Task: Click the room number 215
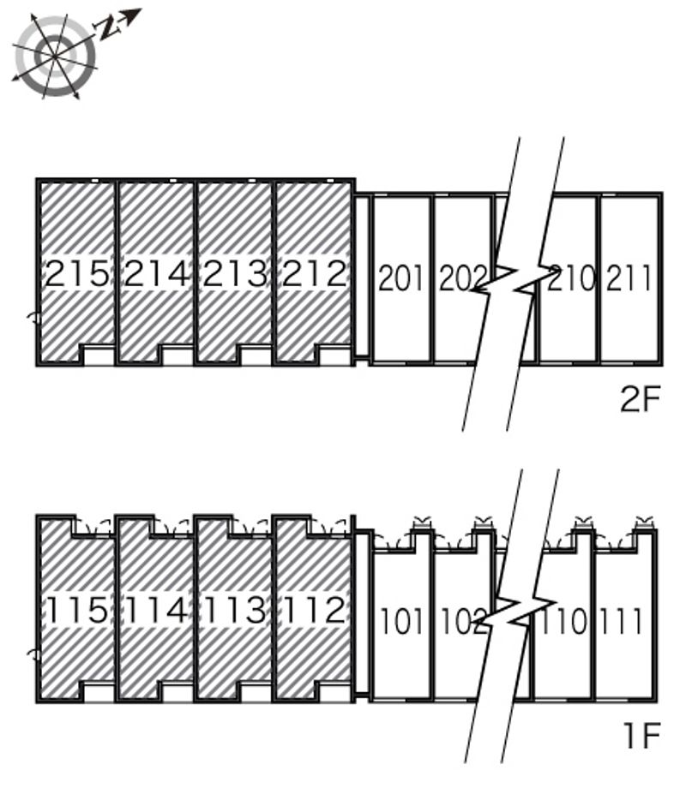tap(77, 273)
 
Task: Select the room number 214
tap(156, 273)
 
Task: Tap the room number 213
tap(235, 273)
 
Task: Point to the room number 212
tap(314, 273)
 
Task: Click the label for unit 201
tap(400, 278)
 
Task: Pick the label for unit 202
tap(462, 278)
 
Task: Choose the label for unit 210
tap(571, 278)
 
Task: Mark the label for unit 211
tap(629, 278)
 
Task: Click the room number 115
tap(77, 610)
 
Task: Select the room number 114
tap(156, 610)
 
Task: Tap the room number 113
tap(235, 610)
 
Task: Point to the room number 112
tap(314, 610)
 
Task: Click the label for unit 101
tap(401, 621)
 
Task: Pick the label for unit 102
tap(463, 621)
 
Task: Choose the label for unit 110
tap(563, 621)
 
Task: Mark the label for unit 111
tap(621, 621)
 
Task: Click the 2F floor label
tap(641, 399)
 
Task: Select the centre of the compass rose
tap(55, 56)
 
